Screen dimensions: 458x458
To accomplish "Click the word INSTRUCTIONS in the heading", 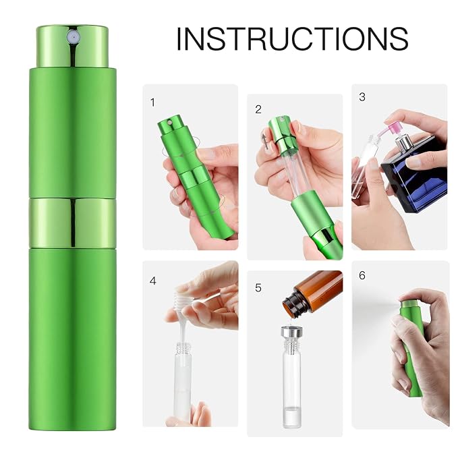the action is (292, 39).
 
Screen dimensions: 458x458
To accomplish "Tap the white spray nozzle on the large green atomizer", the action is (72, 37).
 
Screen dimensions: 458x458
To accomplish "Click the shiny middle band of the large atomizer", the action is (72, 223).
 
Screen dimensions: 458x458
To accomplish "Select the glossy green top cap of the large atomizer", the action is (72, 47).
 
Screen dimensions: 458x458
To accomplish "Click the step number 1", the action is (152, 103).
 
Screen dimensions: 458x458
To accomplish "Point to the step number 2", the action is (258, 109).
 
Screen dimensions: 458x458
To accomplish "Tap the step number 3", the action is (362, 97).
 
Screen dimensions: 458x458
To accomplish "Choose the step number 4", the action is (152, 281).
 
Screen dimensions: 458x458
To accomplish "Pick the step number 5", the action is (258, 288).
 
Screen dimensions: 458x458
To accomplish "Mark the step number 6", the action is (362, 275).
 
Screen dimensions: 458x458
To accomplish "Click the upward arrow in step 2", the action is (265, 141).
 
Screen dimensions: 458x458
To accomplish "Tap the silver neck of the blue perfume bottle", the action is (403, 142).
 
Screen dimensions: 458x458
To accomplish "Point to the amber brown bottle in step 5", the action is (312, 292).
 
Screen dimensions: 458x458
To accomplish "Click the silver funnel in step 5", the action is (291, 332).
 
